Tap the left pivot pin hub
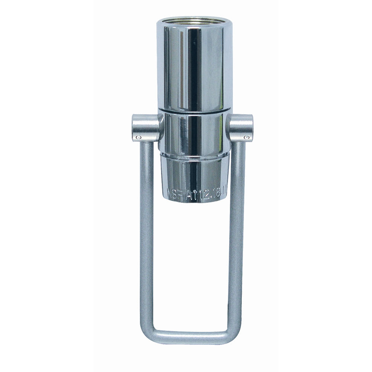[x=144, y=129]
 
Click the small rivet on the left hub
[x=138, y=138]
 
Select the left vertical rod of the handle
[x=146, y=231]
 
